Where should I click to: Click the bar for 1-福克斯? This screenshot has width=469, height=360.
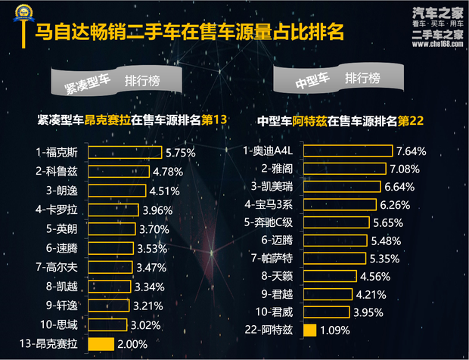(x=126, y=152)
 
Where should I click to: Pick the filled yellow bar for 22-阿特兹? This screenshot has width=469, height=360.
(x=309, y=330)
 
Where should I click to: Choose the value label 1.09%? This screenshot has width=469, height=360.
(x=334, y=330)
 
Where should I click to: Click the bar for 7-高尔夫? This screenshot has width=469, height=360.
(x=110, y=267)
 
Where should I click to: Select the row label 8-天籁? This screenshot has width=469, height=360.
(x=278, y=276)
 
